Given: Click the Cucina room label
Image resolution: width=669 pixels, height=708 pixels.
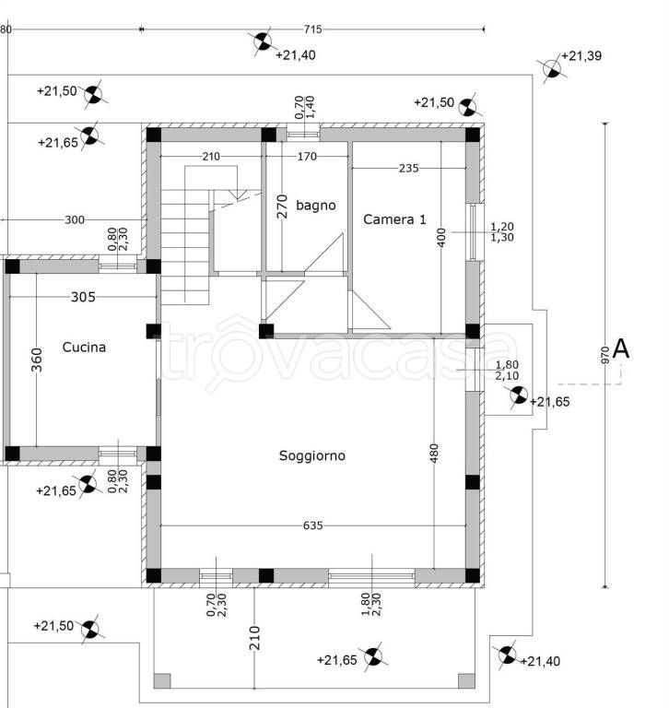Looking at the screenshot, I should [x=84, y=348].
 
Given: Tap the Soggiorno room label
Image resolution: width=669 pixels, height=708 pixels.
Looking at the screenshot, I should [x=312, y=455].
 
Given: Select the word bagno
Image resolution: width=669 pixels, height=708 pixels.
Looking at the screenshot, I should [x=316, y=205].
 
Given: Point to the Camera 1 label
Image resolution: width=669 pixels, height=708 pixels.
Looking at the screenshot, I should [x=395, y=219].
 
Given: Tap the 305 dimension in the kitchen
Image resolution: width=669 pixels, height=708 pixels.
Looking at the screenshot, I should [x=83, y=297].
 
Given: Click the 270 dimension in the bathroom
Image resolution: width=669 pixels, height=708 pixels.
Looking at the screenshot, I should [x=283, y=204].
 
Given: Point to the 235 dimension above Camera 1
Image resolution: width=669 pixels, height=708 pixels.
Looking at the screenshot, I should [x=408, y=168].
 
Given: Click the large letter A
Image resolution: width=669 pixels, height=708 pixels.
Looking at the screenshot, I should [x=621, y=348].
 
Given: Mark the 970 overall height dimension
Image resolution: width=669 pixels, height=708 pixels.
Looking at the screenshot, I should [x=604, y=356].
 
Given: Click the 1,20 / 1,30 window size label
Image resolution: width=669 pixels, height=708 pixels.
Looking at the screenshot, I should [x=503, y=231].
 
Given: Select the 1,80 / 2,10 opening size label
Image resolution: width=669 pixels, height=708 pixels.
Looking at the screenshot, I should [x=507, y=370].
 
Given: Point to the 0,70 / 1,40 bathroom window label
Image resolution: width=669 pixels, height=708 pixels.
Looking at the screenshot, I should [x=305, y=107].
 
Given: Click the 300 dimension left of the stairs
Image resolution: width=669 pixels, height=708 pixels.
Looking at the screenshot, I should [x=75, y=219].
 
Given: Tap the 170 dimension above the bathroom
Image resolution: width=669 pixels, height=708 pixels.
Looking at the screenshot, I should [x=306, y=157].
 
